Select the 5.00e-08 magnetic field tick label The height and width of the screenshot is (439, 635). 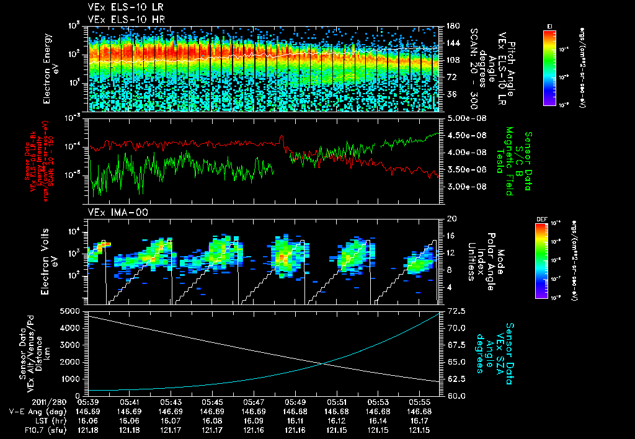click(466, 118)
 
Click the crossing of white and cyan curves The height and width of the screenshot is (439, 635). click(324, 363)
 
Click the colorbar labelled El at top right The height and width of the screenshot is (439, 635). click(549, 66)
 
